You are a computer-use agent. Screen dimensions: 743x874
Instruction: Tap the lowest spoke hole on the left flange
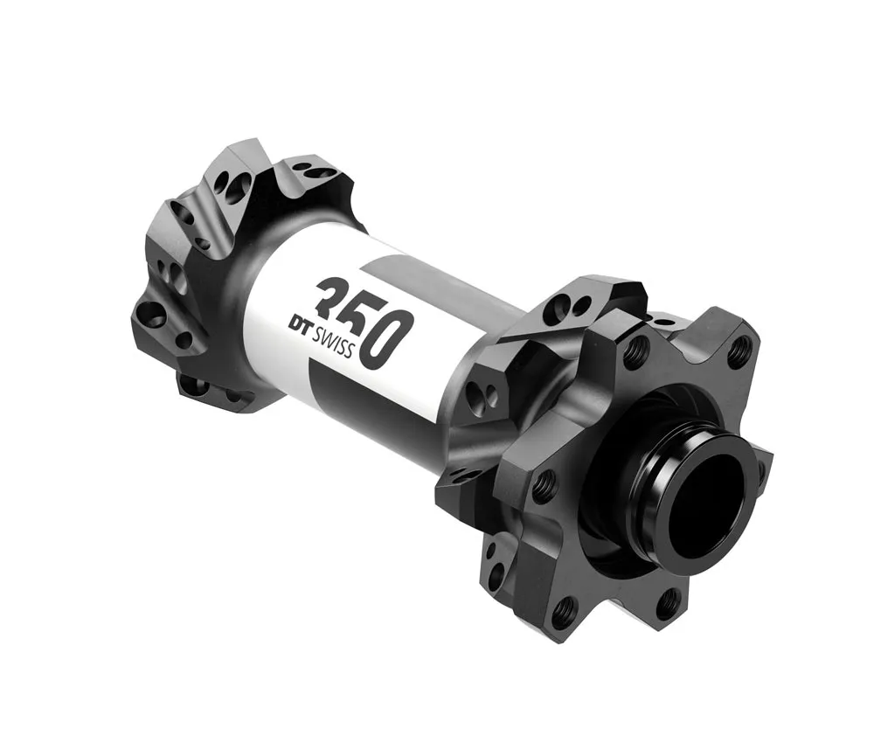point(194,385)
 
